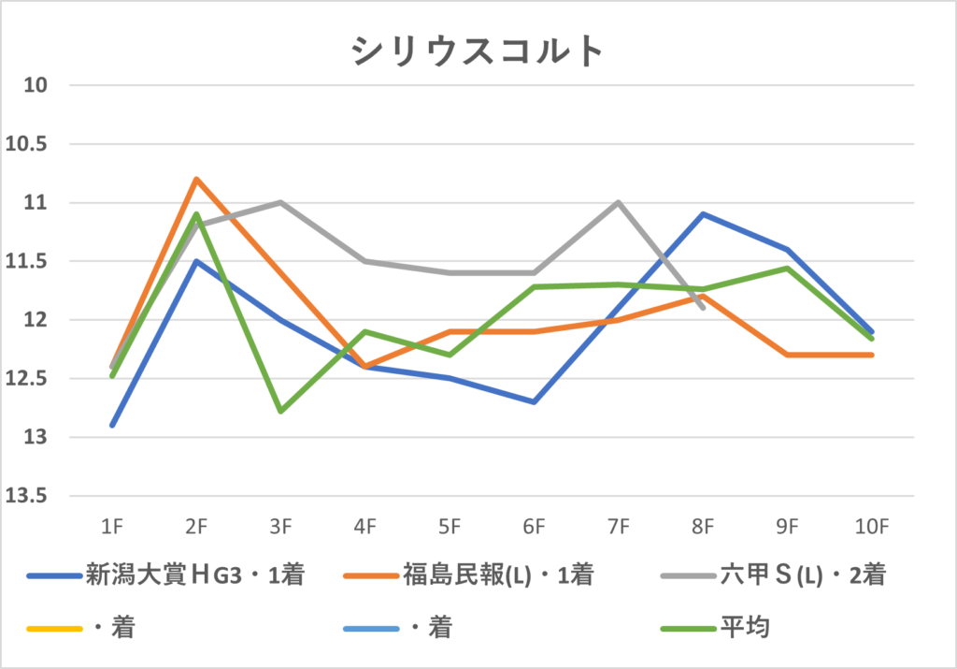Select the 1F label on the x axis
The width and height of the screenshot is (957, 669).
point(112,528)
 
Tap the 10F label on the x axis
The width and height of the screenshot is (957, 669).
point(872,528)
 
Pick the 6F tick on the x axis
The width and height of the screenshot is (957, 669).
point(534,528)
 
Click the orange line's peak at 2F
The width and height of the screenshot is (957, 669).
point(196,179)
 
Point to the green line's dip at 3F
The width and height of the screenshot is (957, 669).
point(280,411)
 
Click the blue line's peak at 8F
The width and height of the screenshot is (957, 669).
point(703,214)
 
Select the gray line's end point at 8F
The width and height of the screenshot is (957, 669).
point(703,307)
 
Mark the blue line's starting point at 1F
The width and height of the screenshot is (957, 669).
point(112,425)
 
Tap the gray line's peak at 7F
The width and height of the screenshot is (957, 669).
point(619,202)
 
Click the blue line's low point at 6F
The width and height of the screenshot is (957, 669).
point(534,401)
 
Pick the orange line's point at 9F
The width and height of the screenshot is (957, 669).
point(787,355)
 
